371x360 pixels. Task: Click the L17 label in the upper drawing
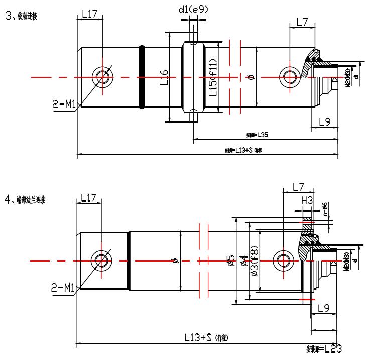[89, 15]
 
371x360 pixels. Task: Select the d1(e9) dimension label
[193, 9]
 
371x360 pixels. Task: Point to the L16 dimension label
[164, 77]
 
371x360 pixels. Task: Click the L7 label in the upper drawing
[302, 22]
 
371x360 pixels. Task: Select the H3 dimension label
[307, 200]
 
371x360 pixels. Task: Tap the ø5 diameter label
[230, 261]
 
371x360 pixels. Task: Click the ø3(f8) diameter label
[254, 261]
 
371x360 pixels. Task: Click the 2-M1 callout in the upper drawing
[64, 105]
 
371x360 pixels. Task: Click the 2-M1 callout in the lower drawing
[64, 288]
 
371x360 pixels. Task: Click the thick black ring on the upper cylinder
[142, 77]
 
